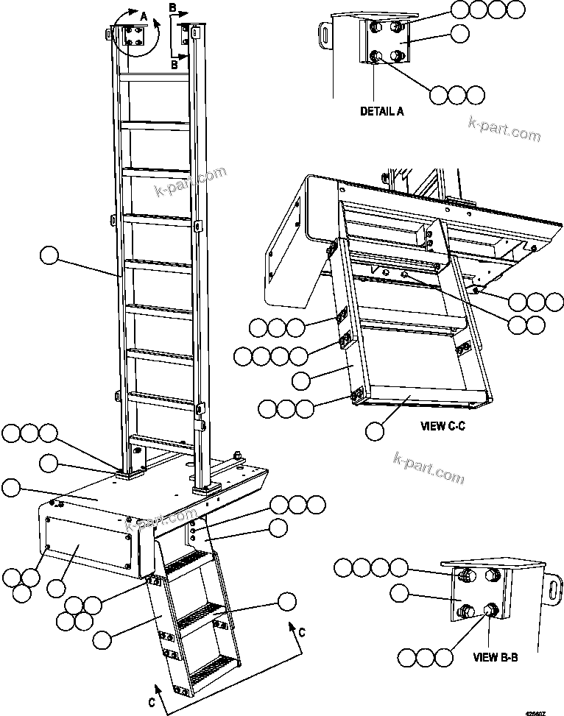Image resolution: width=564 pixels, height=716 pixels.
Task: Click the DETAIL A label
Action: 381,112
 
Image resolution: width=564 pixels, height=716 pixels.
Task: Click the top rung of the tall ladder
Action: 155,77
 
